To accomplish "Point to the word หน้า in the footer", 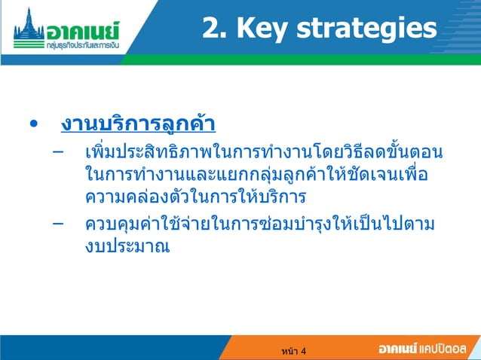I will coord(288,351).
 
